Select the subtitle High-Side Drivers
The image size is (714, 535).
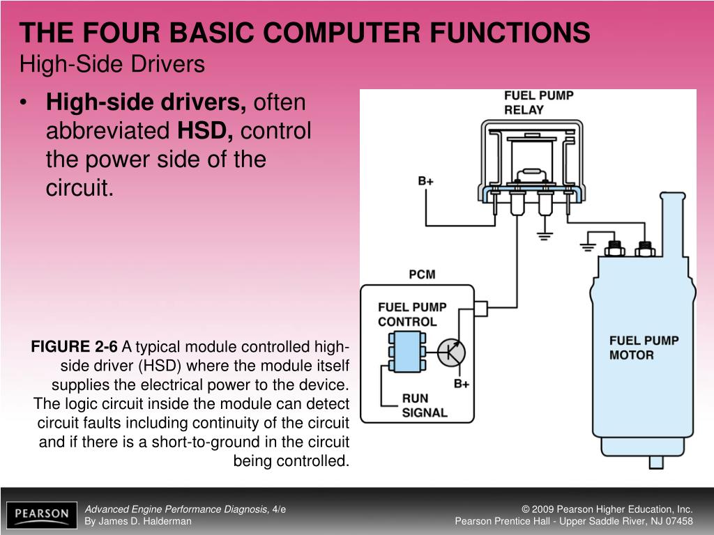(112, 65)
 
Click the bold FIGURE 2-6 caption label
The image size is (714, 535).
(75, 347)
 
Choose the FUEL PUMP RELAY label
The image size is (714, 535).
(538, 102)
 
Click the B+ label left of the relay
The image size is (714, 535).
(426, 181)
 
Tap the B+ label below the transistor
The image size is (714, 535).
(462, 384)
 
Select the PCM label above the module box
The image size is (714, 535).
(422, 274)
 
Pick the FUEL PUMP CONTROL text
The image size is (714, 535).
(412, 314)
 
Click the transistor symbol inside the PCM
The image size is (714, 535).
(451, 352)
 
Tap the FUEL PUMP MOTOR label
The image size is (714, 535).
(643, 348)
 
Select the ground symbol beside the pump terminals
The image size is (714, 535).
(588, 245)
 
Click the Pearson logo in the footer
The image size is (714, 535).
(43, 515)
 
